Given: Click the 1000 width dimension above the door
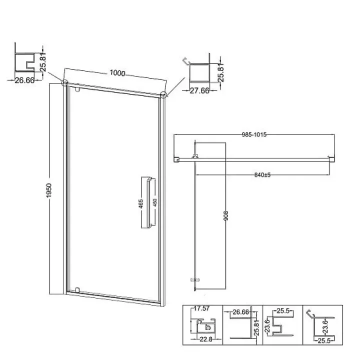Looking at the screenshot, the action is tap(117, 73).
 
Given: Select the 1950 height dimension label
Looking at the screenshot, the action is tap(49, 190).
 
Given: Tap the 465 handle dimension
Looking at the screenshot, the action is tap(140, 203).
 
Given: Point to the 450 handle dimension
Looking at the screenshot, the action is tap(154, 202).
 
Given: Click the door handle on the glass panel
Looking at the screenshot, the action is tap(148, 202).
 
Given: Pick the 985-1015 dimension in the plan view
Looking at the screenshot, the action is tap(254, 134).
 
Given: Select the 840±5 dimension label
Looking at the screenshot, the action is tap(262, 174).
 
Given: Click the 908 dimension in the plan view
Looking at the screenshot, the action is tap(226, 215).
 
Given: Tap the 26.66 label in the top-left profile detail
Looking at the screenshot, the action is tap(24, 80).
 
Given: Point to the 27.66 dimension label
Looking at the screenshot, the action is tap(199, 90).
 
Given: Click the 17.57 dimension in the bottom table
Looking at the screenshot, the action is tap(201, 308).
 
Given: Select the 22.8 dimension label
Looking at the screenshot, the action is tap(206, 339).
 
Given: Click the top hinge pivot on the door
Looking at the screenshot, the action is tap(77, 89).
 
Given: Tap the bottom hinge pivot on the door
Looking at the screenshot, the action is tap(77, 289).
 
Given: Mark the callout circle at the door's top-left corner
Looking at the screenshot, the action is tap(65, 82).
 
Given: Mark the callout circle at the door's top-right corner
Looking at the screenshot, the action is tap(163, 94).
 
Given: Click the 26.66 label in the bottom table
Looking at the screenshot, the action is tap(241, 312).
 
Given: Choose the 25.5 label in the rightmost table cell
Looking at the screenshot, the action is tap(324, 340).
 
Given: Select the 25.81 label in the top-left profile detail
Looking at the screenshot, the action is tap(43, 62).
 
